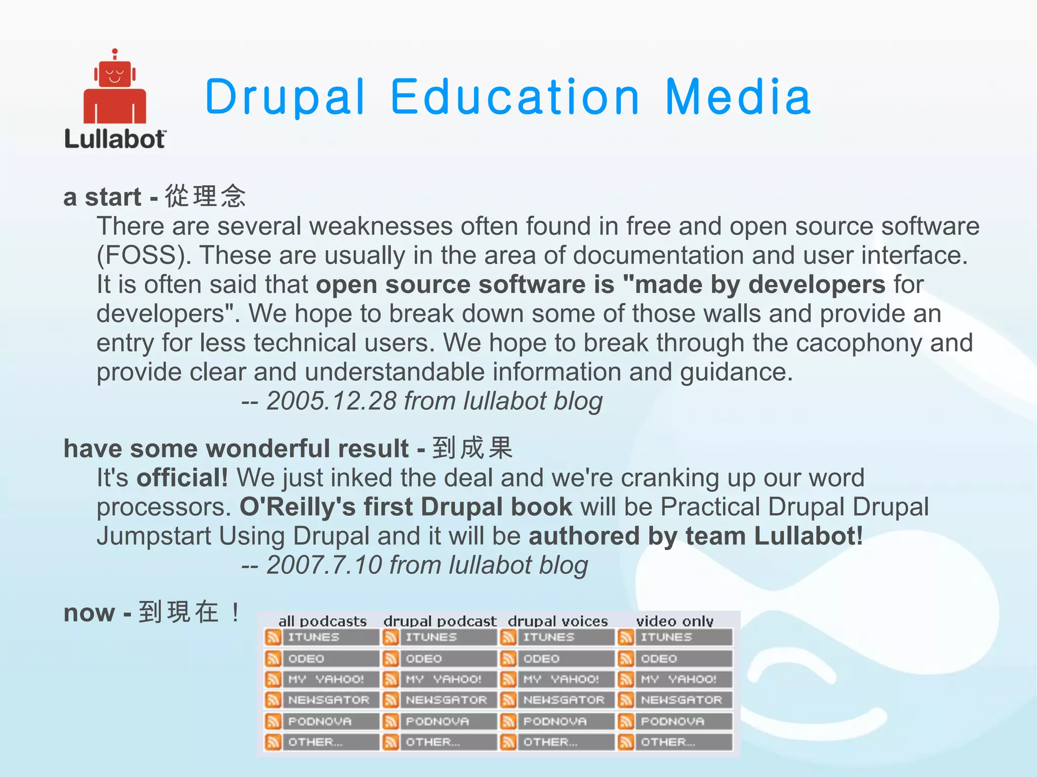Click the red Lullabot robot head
[115, 74]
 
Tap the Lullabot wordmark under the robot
[115, 140]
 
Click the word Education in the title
[515, 97]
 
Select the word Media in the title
[738, 97]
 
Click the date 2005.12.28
[331, 401]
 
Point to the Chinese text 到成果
[472, 448]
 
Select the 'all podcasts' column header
[323, 621]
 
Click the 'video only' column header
[674, 621]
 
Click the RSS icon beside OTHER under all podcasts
[273, 742]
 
